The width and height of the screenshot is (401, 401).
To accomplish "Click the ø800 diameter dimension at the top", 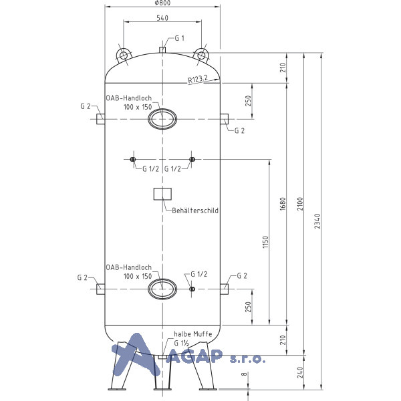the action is point(162,3).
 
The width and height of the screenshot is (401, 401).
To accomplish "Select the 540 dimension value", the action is point(162,18).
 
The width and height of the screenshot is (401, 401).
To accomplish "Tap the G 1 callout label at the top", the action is point(180,38).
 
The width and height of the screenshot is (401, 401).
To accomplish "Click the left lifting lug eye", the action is point(124,55).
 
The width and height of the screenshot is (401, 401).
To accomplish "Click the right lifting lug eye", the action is point(201,55).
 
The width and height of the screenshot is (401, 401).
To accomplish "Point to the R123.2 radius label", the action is point(198,79).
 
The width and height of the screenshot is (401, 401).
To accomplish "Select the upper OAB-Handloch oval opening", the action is point(162,119).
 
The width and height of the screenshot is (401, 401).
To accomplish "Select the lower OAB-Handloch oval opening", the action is point(162,289).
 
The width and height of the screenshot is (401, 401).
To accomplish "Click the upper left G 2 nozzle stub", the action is point(100,119).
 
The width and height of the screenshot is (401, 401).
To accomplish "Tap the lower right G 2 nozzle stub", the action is point(225,289).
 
